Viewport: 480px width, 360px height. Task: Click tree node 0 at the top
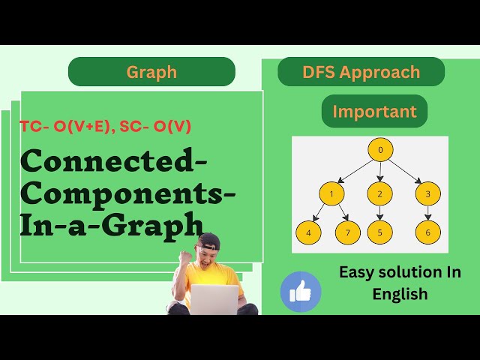(380, 150)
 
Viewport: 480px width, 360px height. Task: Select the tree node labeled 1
(331, 194)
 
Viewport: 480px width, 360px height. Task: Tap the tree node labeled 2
(380, 194)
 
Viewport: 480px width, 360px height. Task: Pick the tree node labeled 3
(427, 194)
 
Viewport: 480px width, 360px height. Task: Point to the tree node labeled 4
(308, 232)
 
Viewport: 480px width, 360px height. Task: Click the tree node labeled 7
(348, 232)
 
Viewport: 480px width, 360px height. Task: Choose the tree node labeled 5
(380, 232)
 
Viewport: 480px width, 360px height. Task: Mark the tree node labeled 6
(427, 232)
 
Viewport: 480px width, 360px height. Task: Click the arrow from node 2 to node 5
(380, 214)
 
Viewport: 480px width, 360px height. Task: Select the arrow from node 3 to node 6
(427, 214)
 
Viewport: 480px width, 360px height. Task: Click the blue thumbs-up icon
(300, 292)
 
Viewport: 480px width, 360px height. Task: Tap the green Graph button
(151, 72)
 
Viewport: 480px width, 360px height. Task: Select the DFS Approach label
(361, 72)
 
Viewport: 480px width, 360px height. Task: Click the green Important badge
(374, 112)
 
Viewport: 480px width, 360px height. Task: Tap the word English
(400, 294)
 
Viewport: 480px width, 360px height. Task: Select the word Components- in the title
(127, 191)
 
